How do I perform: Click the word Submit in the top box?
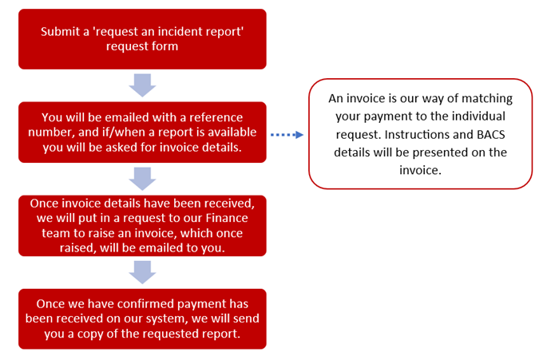(x=60, y=31)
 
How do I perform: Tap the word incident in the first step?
(x=180, y=31)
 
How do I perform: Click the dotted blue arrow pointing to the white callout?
(x=287, y=135)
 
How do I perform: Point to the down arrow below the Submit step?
(x=142, y=85)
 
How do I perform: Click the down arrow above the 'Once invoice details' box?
(x=142, y=179)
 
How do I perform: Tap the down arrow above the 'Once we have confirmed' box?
(x=142, y=272)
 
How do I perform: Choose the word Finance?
(x=227, y=218)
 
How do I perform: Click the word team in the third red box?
(x=54, y=233)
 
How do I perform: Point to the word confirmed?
(x=145, y=303)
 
